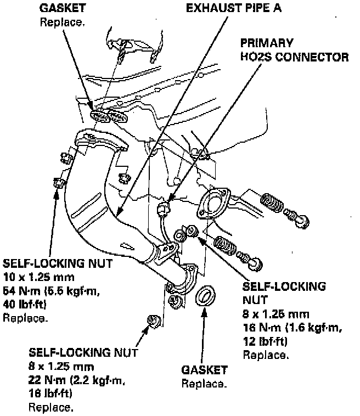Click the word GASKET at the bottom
point(204,370)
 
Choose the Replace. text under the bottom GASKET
point(204,383)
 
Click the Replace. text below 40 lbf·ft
point(25,318)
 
